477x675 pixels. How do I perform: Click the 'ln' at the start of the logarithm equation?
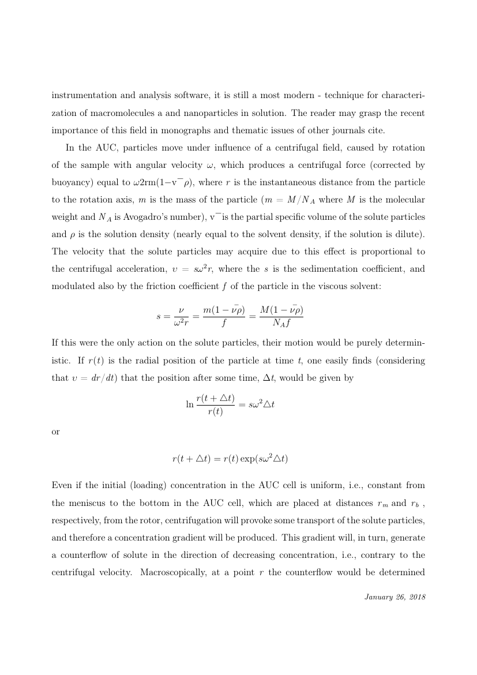[190, 404]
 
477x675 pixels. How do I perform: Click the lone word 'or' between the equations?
[56, 432]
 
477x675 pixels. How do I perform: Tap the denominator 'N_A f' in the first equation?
[281, 323]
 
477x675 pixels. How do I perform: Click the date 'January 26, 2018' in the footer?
[395, 597]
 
